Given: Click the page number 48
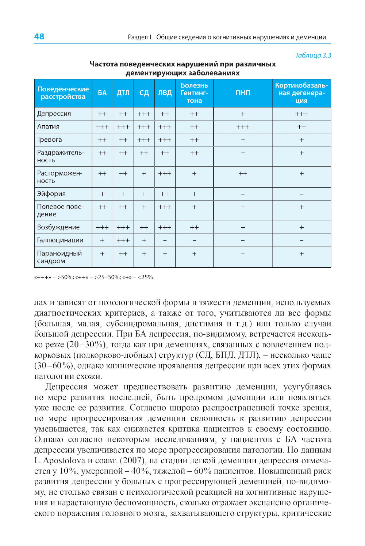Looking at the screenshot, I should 39,36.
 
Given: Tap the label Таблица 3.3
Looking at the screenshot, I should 313,55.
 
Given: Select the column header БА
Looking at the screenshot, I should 102,93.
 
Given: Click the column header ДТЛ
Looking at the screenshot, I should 123,93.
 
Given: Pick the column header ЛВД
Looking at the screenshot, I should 165,93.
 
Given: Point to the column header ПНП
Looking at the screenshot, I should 243,93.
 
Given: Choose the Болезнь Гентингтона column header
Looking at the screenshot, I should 194,93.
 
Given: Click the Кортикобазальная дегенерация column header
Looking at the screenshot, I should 301,93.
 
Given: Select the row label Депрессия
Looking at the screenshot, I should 54,114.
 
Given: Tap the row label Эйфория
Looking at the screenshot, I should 51,194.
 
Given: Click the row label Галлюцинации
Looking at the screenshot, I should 60,240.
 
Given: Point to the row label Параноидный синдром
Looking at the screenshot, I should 59,257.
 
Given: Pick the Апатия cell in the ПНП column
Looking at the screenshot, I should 243,127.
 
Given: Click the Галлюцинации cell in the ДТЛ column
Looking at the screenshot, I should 123,240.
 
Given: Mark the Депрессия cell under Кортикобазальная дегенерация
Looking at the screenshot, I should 301,114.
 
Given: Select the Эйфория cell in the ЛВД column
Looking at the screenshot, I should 165,194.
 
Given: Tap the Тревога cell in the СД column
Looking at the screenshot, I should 144,140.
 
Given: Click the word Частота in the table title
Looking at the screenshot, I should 104,64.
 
